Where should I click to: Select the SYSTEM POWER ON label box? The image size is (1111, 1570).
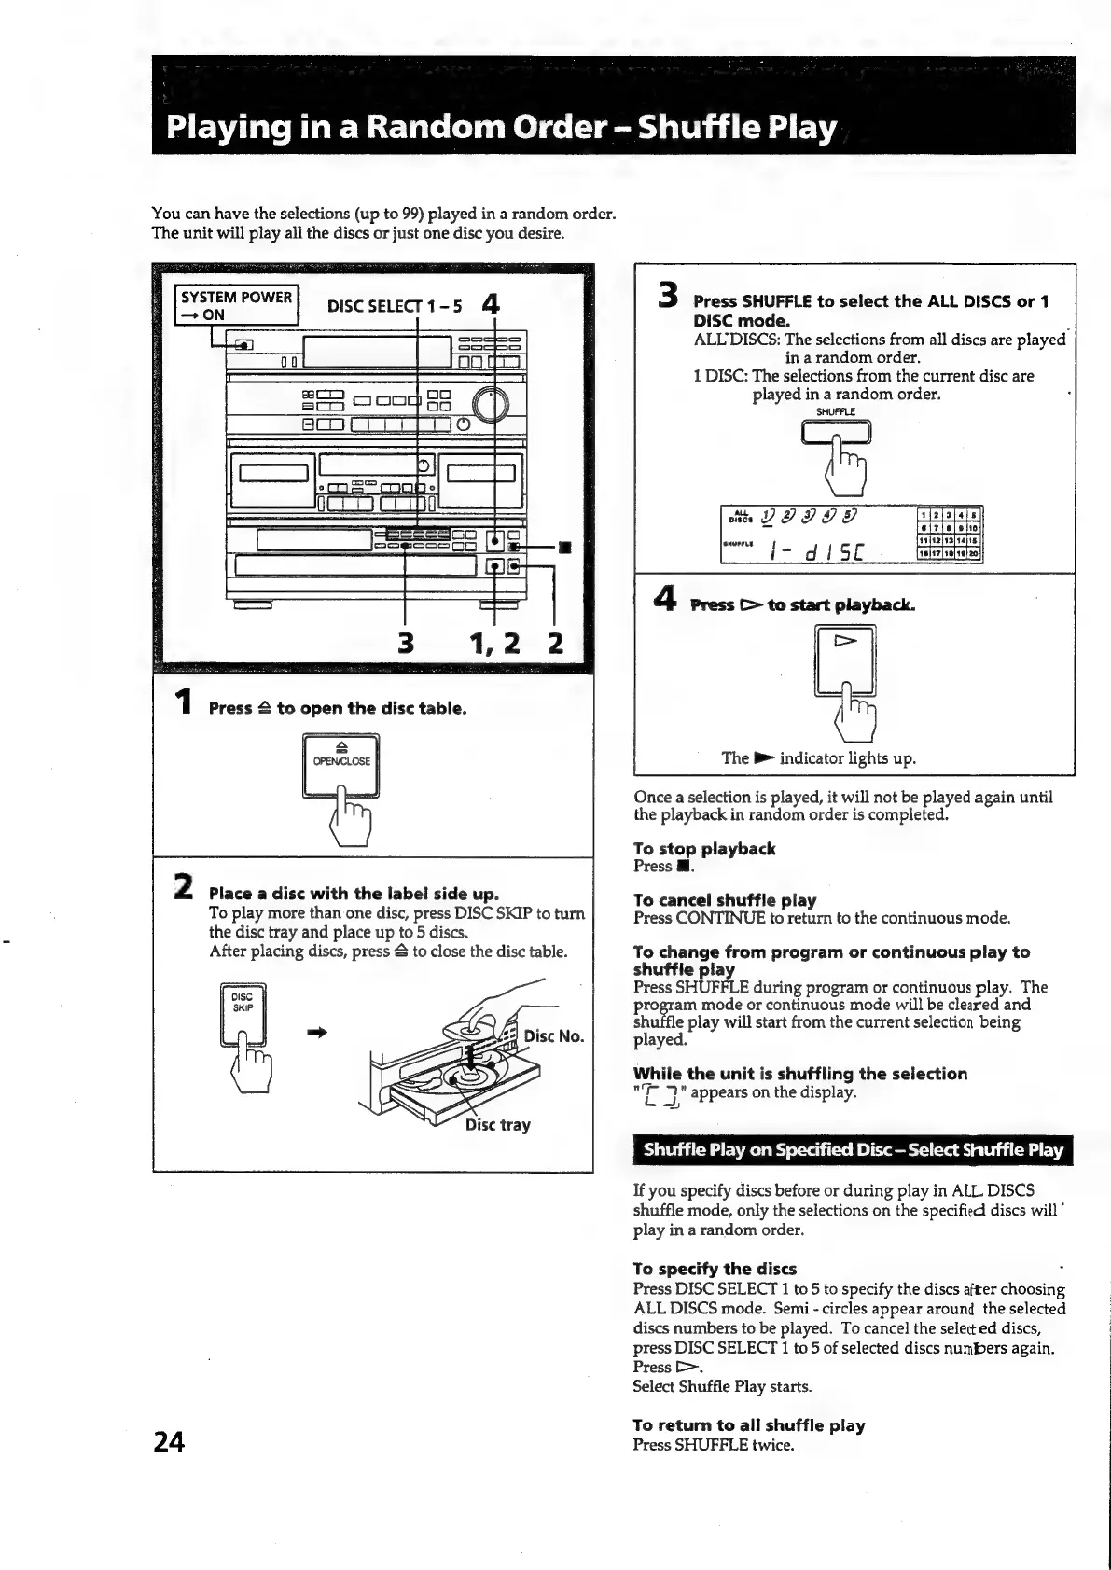click(x=237, y=305)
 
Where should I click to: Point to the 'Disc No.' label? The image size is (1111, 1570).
click(x=553, y=1036)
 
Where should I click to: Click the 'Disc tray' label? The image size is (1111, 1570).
click(x=498, y=1124)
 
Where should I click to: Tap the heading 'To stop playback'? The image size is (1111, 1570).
click(x=703, y=849)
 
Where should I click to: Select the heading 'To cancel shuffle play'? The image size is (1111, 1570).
click(x=724, y=900)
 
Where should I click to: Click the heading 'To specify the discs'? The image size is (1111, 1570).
click(x=714, y=1269)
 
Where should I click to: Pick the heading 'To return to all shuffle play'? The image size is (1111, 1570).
click(x=748, y=1425)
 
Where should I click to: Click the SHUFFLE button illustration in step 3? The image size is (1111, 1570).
click(x=836, y=433)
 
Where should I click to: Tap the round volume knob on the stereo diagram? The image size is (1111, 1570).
click(x=493, y=404)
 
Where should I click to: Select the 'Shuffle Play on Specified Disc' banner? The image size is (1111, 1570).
click(x=853, y=1149)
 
